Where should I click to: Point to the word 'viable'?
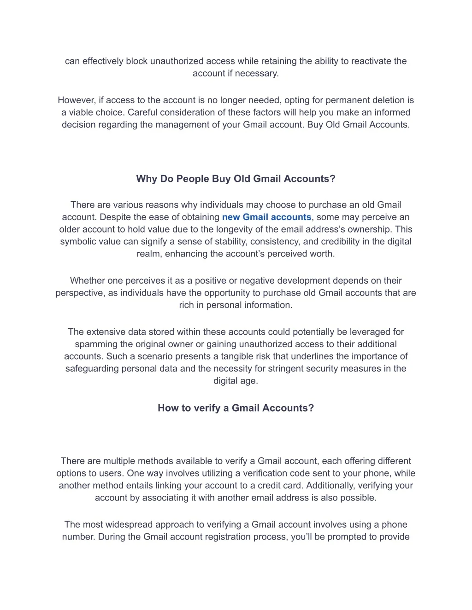pyautogui.click(x=81, y=112)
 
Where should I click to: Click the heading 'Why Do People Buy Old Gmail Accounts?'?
pyautogui.click(x=236, y=179)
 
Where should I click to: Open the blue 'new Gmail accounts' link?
pyautogui.click(x=266, y=217)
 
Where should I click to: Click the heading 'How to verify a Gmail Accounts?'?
pyautogui.click(x=236, y=408)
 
